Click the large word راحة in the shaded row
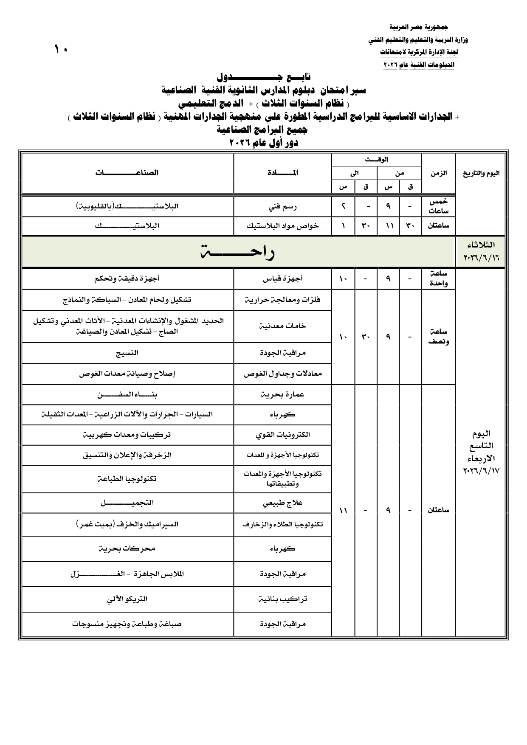(237, 252)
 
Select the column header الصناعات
(127, 173)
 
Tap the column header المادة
(282, 173)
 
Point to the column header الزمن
(439, 173)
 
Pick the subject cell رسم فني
(282, 207)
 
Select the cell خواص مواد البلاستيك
(282, 226)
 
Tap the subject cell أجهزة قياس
(282, 279)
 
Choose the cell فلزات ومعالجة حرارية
(282, 300)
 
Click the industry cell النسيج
(127, 353)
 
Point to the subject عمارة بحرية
(282, 395)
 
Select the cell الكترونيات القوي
(282, 435)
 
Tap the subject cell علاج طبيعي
(282, 503)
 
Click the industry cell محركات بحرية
(127, 548)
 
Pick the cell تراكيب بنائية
(282, 599)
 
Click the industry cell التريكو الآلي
(127, 599)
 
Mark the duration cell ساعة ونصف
(439, 337)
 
